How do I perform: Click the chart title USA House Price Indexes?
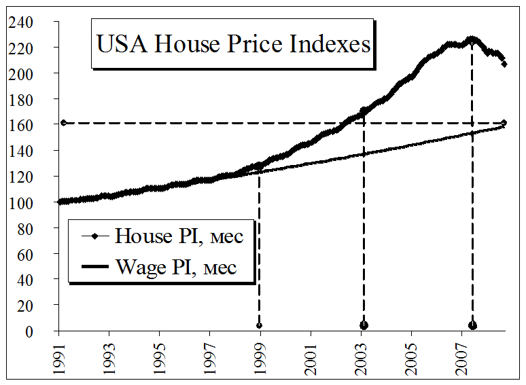click(234, 45)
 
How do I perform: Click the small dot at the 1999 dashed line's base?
click(259, 325)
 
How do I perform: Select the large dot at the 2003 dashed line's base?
click(364, 325)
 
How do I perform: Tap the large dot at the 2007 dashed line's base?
click(472, 325)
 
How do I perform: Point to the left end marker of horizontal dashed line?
click(63, 123)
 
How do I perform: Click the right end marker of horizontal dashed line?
click(504, 123)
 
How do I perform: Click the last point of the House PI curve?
click(504, 64)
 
